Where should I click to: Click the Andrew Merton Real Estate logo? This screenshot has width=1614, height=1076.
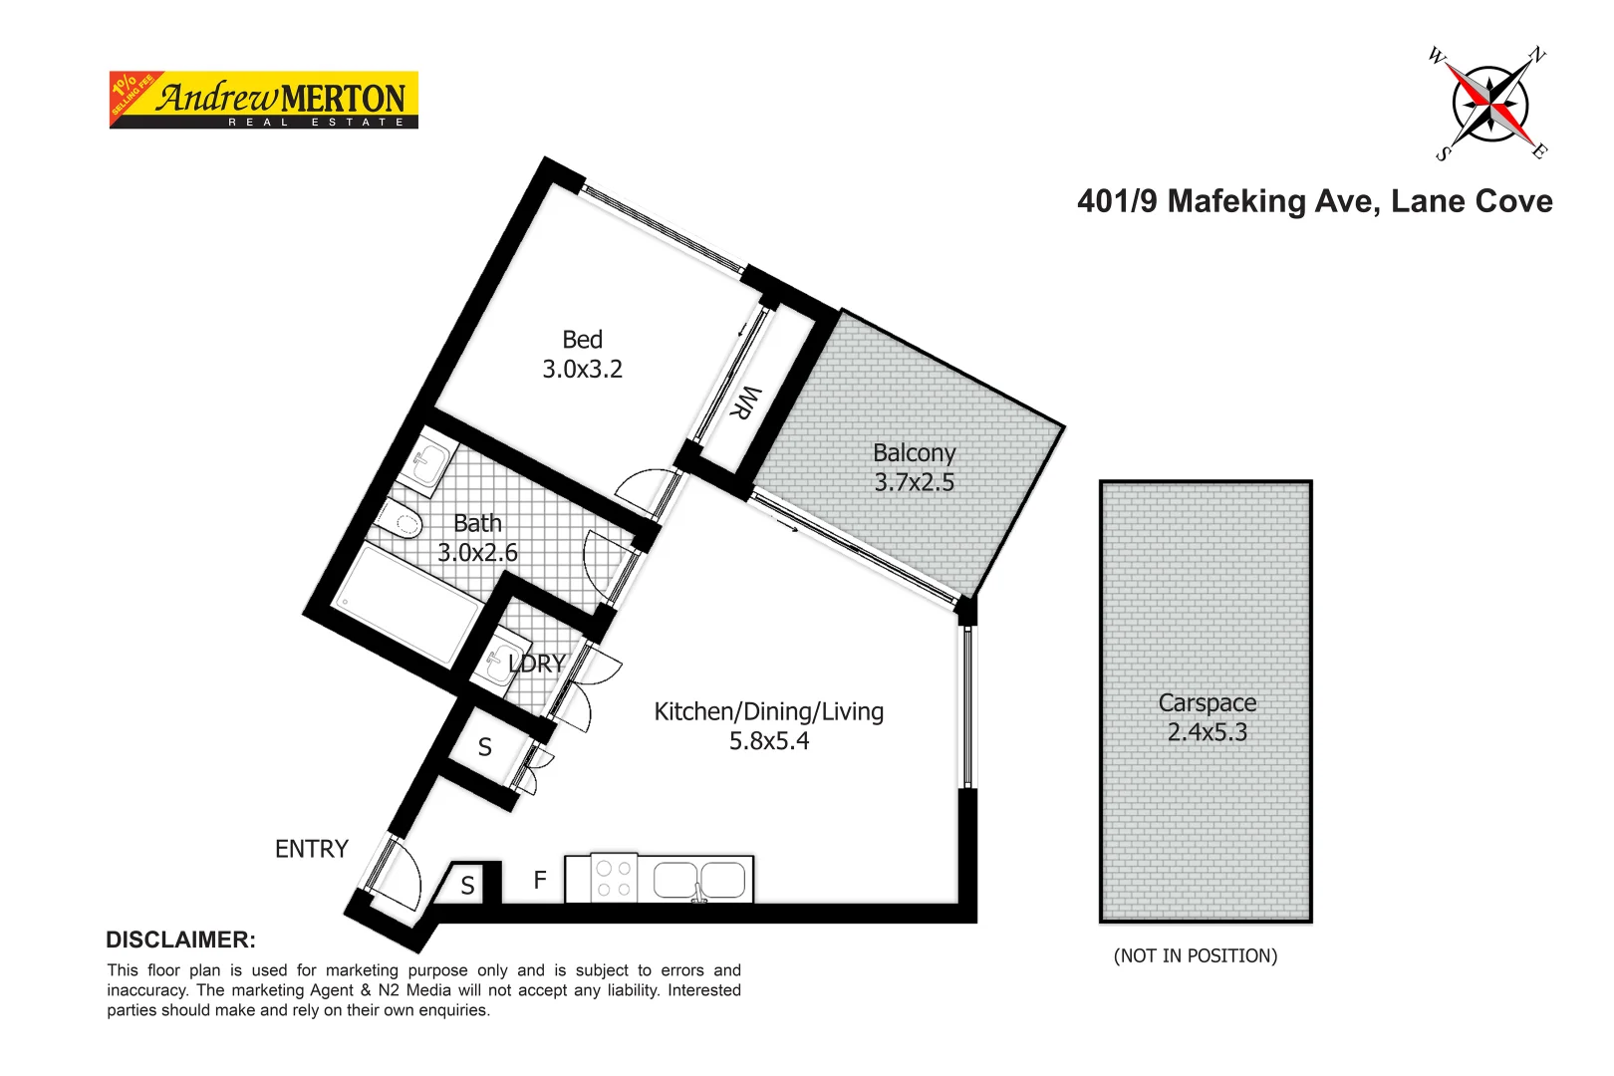[263, 100]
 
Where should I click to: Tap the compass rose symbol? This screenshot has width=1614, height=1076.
[1489, 104]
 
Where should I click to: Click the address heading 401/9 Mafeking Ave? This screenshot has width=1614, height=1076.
[1314, 201]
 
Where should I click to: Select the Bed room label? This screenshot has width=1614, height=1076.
[582, 340]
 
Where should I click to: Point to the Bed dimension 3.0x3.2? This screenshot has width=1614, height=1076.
[582, 370]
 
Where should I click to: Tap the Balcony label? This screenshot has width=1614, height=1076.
[914, 453]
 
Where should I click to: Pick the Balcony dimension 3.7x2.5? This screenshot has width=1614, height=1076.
[914, 483]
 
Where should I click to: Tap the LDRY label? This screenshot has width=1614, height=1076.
[536, 664]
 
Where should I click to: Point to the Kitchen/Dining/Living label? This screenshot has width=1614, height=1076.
[768, 712]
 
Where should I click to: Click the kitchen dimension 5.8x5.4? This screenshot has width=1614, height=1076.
[768, 741]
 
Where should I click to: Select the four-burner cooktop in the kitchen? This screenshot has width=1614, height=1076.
[614, 879]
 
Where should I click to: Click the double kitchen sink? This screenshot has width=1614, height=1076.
[698, 880]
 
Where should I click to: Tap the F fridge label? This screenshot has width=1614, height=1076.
[540, 880]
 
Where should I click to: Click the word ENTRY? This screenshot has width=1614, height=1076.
[312, 849]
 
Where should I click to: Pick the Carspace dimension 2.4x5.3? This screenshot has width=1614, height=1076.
[1207, 732]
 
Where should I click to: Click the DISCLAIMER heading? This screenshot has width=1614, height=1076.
[180, 940]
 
